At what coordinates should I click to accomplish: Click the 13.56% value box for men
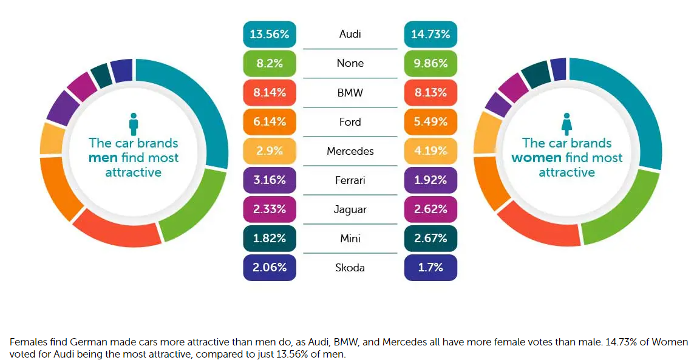pos(269,34)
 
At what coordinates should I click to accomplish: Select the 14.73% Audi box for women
pos(430,34)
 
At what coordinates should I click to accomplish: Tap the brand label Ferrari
pos(350,180)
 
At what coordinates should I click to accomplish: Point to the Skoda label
pos(350,268)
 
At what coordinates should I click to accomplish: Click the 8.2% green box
pos(269,63)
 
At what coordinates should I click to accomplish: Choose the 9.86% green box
pos(430,63)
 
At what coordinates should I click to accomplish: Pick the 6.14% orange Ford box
pos(269,122)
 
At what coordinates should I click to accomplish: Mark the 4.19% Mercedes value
pos(430,151)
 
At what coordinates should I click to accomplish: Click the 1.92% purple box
pos(430,180)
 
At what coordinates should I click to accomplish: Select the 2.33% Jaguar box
pos(269,209)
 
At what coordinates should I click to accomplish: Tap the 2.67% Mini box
pos(430,239)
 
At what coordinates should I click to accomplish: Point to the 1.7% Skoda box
pos(430,268)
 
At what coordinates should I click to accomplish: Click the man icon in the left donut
pos(134,124)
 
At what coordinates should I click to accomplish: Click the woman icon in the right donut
pos(566,124)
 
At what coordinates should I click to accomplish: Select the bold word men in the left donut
pos(103,158)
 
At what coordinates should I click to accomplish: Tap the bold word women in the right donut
pos(536,158)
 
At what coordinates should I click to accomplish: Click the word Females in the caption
pos(29,342)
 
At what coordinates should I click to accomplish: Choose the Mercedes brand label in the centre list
pos(350,151)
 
